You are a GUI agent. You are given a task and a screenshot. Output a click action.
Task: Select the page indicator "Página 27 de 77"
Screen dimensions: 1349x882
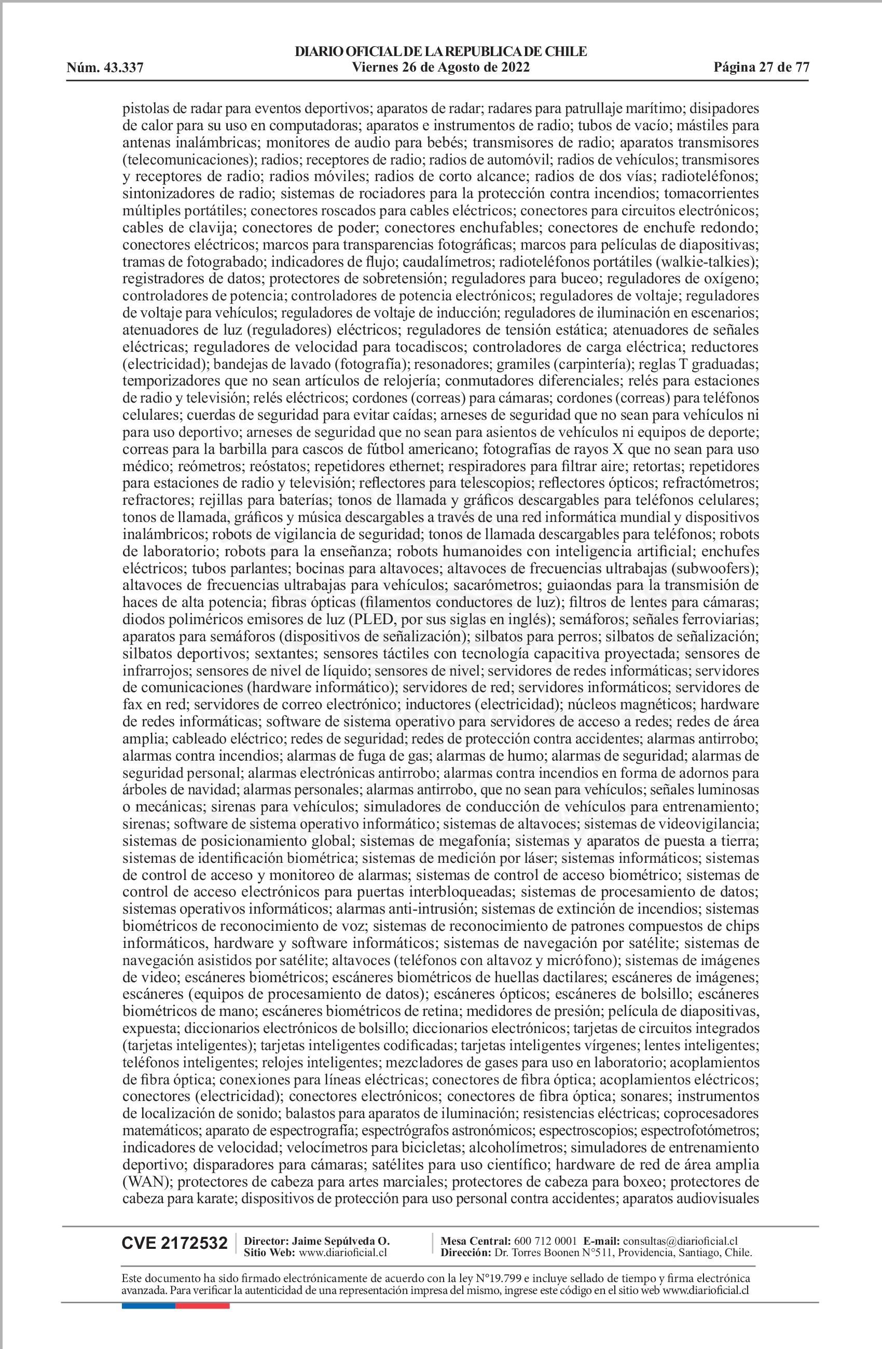tap(761, 67)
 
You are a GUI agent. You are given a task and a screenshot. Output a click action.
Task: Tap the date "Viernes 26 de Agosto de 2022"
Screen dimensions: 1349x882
tap(440, 67)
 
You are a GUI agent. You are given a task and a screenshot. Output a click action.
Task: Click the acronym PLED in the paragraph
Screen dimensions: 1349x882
tap(370, 619)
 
